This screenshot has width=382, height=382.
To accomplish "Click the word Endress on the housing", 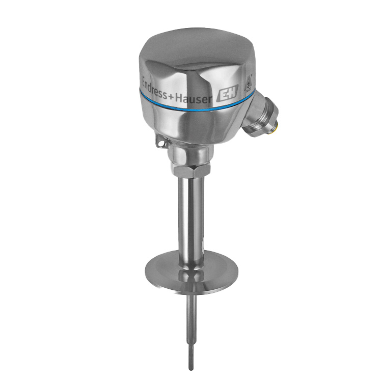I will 156,86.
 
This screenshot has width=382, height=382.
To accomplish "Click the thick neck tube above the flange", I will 191,214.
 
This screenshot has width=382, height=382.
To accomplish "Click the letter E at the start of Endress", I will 144,81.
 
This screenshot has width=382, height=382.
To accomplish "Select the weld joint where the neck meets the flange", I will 191,255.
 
